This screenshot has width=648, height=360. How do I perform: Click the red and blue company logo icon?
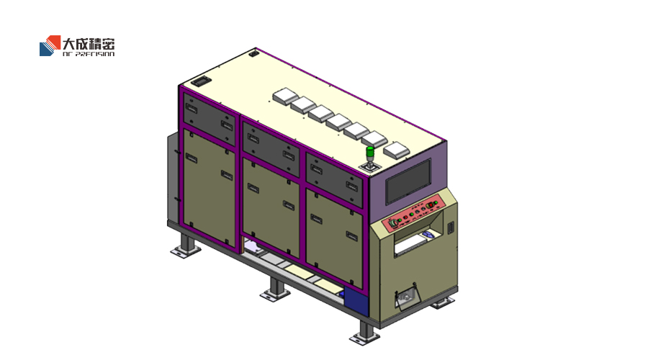50,45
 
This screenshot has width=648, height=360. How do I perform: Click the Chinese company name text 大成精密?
89,44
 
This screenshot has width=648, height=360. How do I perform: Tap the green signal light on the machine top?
370,151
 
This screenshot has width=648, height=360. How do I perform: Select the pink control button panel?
413,212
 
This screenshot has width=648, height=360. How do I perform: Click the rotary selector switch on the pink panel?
394,223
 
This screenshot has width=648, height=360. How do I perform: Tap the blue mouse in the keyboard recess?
428,235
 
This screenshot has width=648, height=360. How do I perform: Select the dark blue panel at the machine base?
356,300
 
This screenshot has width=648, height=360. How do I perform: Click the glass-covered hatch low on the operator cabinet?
407,297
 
